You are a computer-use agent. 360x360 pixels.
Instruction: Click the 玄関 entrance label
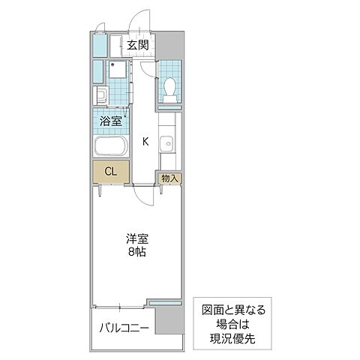pos(137,45)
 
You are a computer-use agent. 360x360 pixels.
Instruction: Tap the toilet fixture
pos(169,88)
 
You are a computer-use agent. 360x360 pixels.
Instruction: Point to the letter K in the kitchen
pos(145,140)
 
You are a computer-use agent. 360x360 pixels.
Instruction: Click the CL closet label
pos(110,172)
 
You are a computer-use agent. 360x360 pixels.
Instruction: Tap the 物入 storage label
pos(169,178)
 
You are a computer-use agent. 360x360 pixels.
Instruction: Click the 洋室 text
pos(136,239)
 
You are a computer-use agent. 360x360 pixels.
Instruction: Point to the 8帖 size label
pos(136,253)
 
